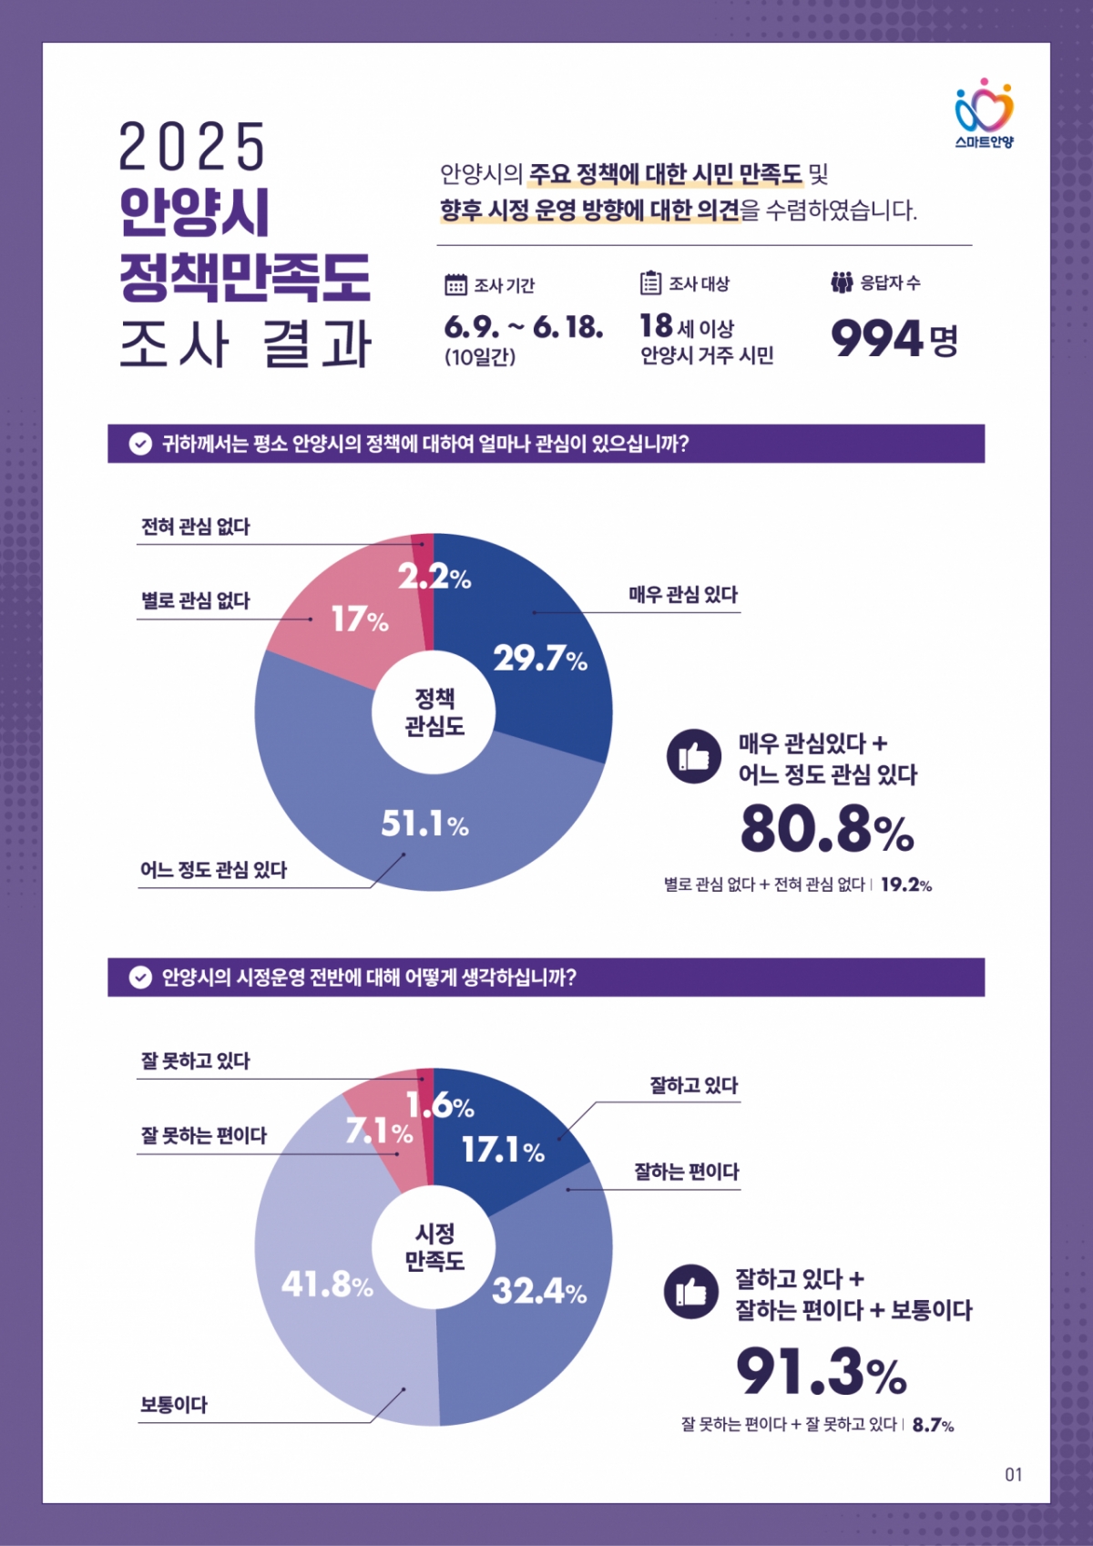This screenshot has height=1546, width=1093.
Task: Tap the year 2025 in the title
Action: [191, 148]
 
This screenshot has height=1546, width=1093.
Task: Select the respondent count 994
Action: [876, 340]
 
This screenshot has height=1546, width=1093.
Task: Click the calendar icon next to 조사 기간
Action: [455, 285]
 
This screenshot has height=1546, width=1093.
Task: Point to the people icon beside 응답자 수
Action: [842, 282]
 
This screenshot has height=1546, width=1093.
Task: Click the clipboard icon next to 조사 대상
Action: [650, 283]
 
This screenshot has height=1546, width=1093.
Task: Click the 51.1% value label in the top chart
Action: [424, 824]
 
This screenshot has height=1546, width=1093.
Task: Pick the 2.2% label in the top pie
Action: [434, 577]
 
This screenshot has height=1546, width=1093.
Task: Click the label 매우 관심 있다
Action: [683, 595]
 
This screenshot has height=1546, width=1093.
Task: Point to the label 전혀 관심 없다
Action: [195, 527]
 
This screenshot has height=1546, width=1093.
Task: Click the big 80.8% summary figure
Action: [826, 829]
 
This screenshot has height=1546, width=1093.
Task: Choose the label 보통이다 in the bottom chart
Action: [173, 1405]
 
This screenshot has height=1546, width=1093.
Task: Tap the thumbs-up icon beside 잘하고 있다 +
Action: [691, 1291]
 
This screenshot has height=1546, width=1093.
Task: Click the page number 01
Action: [1013, 1474]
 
